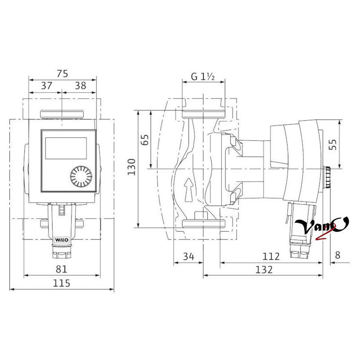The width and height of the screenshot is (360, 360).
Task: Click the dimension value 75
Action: click(x=63, y=74)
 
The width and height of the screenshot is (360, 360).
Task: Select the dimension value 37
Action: click(x=47, y=86)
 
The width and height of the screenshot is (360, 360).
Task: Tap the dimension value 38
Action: click(x=81, y=86)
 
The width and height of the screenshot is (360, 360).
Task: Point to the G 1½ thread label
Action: click(x=203, y=76)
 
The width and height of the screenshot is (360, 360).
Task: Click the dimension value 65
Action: click(x=145, y=139)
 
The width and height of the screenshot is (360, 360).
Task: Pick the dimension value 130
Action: click(x=132, y=167)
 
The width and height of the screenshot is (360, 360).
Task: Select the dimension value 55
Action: click(x=333, y=144)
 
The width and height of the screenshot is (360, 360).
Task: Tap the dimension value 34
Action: click(x=189, y=256)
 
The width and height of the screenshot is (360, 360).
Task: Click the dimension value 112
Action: click(x=271, y=256)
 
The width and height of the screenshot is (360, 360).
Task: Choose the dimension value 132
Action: click(x=264, y=270)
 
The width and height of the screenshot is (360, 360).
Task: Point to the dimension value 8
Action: click(x=337, y=255)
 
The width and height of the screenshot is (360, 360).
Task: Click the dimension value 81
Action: click(x=61, y=269)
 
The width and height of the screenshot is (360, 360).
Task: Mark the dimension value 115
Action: click(x=61, y=283)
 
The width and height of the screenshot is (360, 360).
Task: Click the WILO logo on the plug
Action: click(x=62, y=240)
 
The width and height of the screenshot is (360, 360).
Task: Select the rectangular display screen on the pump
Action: click(x=66, y=148)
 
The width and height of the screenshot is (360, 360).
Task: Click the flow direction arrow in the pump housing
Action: click(x=189, y=189)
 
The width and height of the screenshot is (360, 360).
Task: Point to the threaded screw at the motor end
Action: click(x=327, y=177)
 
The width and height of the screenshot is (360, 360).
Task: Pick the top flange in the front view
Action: click(x=62, y=114)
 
